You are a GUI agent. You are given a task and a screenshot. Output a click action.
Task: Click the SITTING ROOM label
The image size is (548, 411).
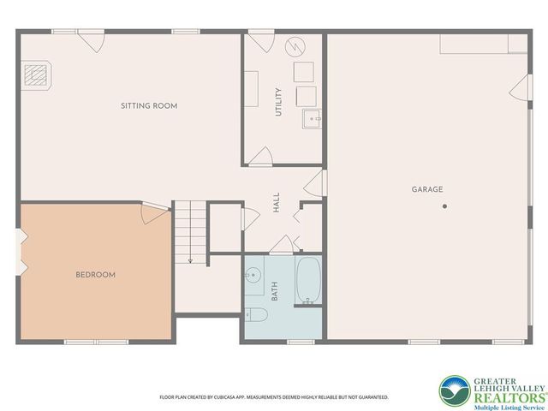tap(149, 106)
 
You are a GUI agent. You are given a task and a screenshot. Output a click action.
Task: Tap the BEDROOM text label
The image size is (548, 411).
tap(96, 275)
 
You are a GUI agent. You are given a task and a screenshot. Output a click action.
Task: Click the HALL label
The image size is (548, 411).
tap(277, 202)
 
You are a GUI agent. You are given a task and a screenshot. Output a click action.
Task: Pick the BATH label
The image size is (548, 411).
tap(275, 292)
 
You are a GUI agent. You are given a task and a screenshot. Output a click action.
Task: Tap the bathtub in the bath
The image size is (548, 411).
tap(308, 280)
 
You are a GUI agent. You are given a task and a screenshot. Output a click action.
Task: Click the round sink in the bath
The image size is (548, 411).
tap(253, 277)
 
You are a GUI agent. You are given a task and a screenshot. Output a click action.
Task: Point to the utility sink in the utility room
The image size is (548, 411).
tap(311, 118)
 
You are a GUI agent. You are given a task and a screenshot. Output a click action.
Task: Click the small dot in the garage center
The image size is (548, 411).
tap(444, 206)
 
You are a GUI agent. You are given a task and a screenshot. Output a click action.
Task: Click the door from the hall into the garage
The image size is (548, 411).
tap(317, 182)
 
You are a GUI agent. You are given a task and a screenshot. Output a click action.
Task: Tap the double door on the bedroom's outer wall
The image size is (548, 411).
tap(20, 253)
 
